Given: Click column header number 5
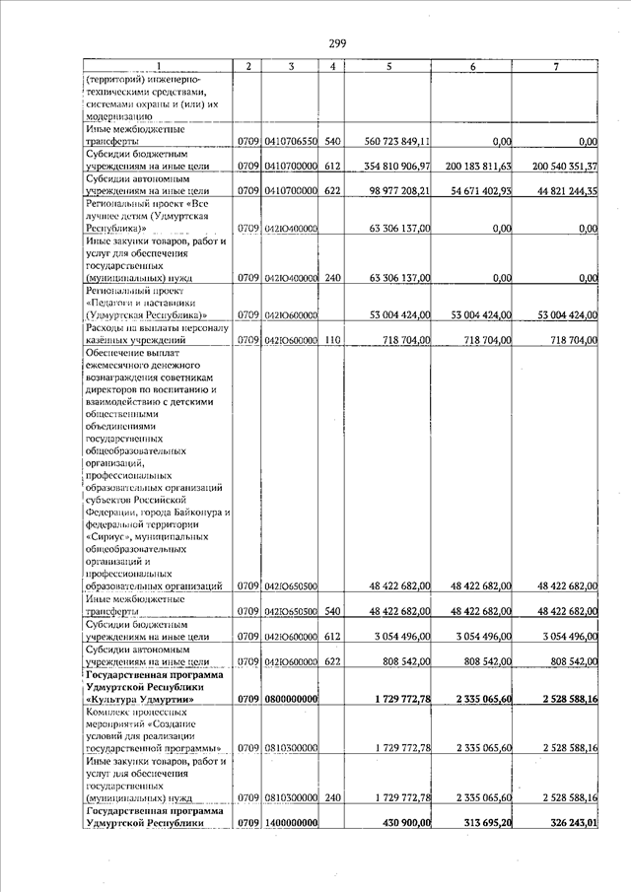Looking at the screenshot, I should (x=389, y=66).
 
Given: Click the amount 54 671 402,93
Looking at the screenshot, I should (x=482, y=191).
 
